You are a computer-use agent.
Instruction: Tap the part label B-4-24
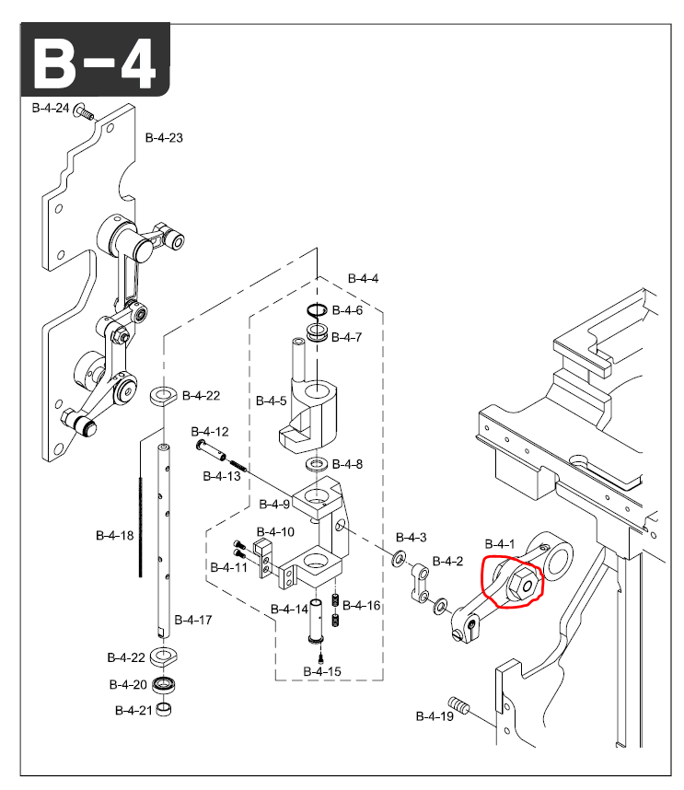(51, 108)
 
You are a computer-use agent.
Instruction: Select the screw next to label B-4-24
(84, 113)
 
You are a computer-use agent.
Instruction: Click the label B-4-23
(164, 138)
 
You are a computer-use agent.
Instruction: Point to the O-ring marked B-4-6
(318, 310)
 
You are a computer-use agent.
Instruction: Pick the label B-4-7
(347, 337)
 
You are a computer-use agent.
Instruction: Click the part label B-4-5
(271, 401)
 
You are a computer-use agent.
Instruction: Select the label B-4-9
(274, 504)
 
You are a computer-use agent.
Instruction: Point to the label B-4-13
(222, 476)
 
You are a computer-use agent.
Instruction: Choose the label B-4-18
(114, 534)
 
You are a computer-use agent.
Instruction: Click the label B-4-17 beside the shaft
(193, 620)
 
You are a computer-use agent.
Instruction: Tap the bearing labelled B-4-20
(166, 685)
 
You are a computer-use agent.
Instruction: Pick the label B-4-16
(361, 605)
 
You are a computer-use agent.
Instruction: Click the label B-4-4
(363, 278)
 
